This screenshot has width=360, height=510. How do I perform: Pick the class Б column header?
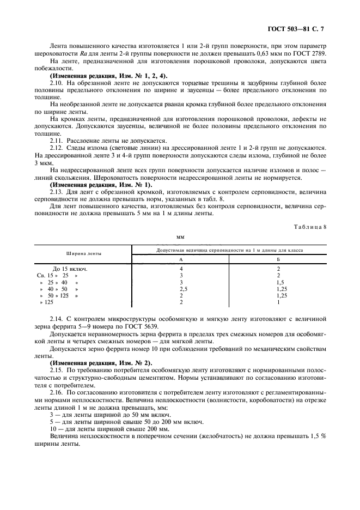tap(278, 259)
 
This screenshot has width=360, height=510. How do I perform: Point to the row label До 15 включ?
tap(70, 269)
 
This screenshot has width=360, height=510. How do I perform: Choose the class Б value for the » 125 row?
tap(278, 302)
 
